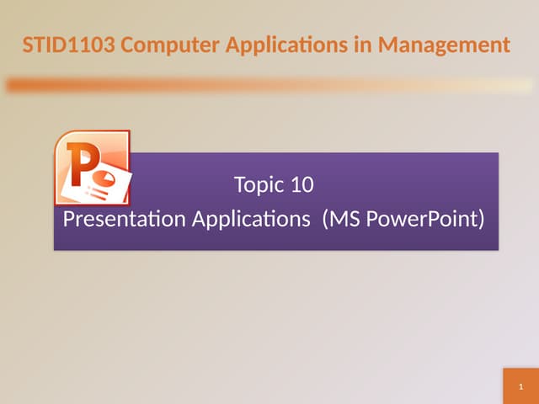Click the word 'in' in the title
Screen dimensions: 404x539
(365, 43)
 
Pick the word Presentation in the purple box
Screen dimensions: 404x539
(125, 220)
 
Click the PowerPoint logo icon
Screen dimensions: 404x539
(93, 168)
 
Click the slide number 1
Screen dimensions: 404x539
(521, 388)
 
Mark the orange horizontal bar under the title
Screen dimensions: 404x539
(269, 85)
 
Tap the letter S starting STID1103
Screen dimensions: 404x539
(28, 43)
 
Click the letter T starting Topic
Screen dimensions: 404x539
(238, 185)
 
